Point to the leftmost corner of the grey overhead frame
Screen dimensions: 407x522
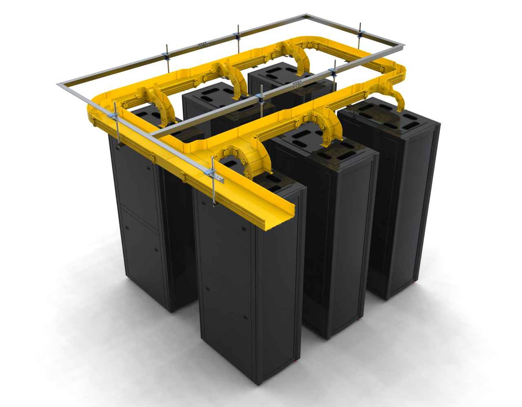(x=58, y=84)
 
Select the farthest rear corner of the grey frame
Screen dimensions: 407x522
(x=305, y=15)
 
